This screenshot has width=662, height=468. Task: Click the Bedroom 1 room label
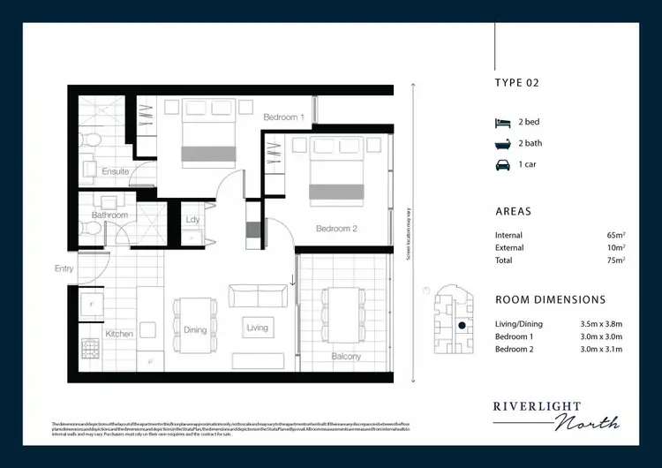click(283, 117)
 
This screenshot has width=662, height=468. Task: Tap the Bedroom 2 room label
click(336, 229)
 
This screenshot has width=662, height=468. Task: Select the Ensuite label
click(116, 171)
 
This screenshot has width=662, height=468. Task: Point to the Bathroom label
click(110, 215)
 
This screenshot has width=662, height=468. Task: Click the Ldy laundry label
click(193, 220)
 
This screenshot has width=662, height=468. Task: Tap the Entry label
click(64, 268)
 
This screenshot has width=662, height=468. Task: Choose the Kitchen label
click(119, 335)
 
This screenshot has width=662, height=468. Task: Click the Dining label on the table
click(195, 330)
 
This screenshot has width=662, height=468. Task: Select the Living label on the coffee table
click(257, 328)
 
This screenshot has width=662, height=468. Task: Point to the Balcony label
click(346, 357)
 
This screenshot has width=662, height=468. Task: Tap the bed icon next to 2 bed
click(502, 123)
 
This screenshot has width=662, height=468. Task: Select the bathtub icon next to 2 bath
click(502, 144)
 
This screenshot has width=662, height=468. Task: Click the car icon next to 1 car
click(502, 165)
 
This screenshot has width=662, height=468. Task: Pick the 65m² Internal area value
click(615, 236)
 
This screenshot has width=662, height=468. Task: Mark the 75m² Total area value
click(615, 260)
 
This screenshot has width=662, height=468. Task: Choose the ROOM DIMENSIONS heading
click(551, 300)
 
